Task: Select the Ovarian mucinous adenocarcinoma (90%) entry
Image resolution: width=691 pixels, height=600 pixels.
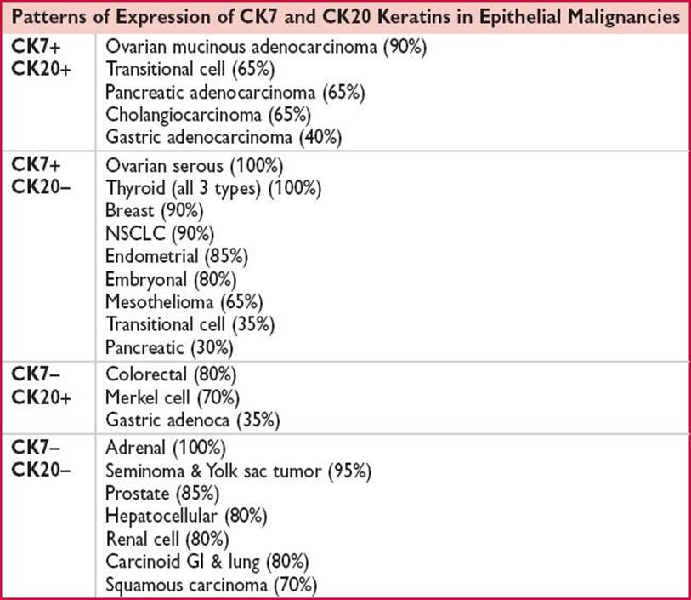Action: coord(266,47)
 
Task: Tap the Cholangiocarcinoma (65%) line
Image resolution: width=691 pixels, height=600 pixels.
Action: coord(208,115)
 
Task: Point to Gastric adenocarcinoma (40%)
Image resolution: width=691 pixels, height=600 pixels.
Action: coord(224,137)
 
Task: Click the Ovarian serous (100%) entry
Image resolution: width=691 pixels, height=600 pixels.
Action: coord(195,166)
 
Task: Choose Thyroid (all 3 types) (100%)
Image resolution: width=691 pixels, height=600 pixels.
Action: coord(213,188)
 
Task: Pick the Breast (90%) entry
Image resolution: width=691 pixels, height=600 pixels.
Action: coord(154,210)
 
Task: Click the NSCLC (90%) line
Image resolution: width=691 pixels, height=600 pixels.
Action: coord(160,233)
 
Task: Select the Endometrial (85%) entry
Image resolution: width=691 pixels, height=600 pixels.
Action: coord(177,256)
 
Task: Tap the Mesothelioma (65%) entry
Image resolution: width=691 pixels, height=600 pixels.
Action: coord(184,302)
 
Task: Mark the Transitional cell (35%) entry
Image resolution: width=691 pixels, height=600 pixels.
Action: coord(190,324)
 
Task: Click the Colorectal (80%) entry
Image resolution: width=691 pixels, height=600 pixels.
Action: coord(171,374)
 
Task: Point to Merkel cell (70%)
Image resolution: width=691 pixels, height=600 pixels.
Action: coord(173,397)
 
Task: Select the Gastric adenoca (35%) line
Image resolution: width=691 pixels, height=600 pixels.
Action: coord(193,420)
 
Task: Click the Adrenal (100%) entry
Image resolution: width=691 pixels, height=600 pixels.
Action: coord(166,448)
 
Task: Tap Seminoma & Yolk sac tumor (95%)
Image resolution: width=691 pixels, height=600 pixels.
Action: coord(239,471)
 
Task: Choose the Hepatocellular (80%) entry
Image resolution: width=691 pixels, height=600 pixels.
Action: coord(186,517)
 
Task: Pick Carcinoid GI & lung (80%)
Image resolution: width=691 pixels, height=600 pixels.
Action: coord(207,562)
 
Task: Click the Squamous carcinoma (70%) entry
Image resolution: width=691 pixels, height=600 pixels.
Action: coord(212,585)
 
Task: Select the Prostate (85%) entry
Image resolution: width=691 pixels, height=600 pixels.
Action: coord(162,494)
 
